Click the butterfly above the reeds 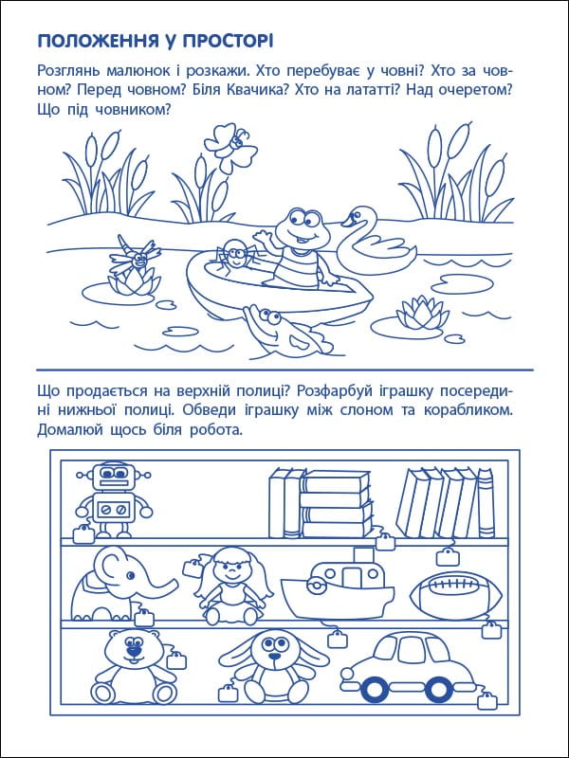[x=230, y=147]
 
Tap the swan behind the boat [x=377, y=242]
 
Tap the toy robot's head [x=114, y=476]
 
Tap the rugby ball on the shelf [x=457, y=595]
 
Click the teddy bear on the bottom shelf [x=133, y=666]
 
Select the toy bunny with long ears [x=274, y=666]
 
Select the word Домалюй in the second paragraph [x=69, y=430]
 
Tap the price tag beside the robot [x=83, y=534]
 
